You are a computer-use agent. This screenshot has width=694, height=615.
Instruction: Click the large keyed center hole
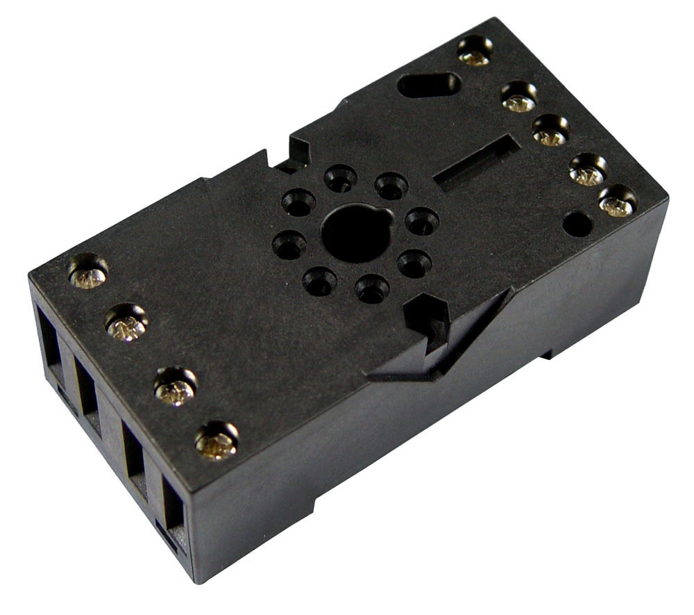[x=356, y=232]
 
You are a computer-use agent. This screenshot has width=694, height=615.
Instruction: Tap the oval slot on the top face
[x=429, y=85]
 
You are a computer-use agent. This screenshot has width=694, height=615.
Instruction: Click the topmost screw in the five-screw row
[x=475, y=53]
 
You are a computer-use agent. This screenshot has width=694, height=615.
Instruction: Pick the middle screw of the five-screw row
[x=550, y=132]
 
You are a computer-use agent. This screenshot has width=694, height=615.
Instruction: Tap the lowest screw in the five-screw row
[x=617, y=202]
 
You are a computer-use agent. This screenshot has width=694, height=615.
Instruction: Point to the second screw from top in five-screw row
[x=519, y=98]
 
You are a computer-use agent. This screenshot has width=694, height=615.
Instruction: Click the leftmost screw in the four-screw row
[x=88, y=272]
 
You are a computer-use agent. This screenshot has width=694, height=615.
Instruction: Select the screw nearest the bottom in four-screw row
[x=217, y=441]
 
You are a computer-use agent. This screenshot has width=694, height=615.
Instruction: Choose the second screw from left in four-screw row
[x=126, y=324]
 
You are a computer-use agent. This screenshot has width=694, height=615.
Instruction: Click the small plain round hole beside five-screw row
[x=577, y=224]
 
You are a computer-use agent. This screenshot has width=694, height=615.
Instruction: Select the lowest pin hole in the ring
[x=373, y=288]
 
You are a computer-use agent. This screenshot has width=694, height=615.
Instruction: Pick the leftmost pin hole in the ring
[x=289, y=245]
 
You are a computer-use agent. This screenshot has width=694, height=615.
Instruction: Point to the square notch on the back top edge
[x=297, y=154]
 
